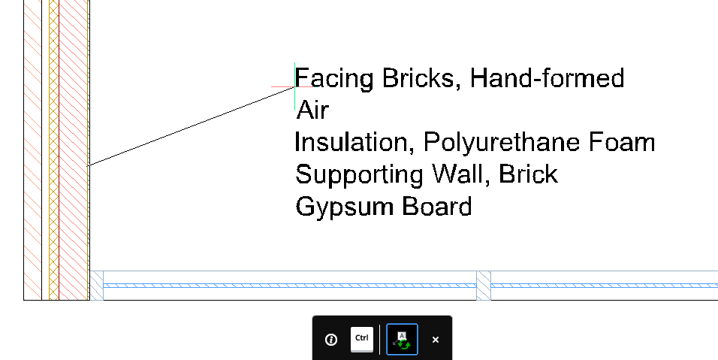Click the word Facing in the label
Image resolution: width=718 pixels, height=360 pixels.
click(334, 79)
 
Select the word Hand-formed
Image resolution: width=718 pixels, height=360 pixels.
click(548, 78)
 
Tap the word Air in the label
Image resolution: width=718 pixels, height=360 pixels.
click(312, 110)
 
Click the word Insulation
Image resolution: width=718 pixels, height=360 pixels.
click(351, 142)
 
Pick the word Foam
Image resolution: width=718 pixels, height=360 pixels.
click(622, 142)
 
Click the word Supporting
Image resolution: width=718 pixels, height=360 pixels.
click(359, 175)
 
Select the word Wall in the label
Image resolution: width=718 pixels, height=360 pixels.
click(461, 174)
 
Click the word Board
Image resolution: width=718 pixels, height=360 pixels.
click(437, 206)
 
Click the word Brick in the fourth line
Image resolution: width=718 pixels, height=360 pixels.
click(529, 174)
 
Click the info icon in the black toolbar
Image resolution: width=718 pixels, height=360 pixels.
click(331, 340)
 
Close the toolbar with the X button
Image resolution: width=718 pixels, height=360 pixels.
click(436, 340)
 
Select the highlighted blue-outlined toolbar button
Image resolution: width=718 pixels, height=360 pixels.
click(402, 340)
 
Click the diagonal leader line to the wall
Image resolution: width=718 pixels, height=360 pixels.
click(192, 126)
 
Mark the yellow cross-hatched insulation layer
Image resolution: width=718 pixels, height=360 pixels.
click(53, 150)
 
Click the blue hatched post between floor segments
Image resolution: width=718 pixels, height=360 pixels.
click(484, 286)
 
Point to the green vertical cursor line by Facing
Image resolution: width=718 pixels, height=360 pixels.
click(294, 86)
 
